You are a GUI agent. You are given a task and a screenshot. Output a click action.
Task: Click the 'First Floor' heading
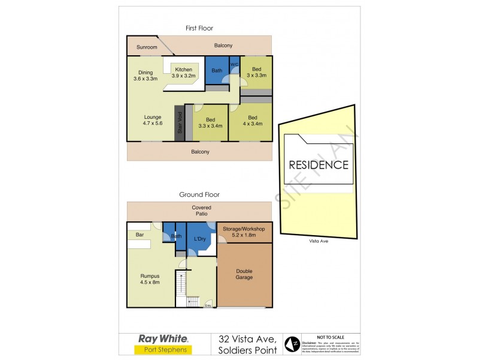click(x=199, y=28)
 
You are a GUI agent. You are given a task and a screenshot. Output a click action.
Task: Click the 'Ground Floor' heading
click(x=199, y=194)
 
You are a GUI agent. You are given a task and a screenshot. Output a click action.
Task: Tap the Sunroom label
click(x=147, y=47)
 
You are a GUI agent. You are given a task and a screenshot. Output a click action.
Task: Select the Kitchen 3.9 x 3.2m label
click(x=183, y=73)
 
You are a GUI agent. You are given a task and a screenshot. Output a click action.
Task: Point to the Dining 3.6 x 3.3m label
click(x=145, y=76)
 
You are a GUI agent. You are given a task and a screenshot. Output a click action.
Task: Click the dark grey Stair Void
click(x=178, y=124)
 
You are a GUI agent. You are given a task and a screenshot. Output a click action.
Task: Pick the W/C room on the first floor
click(x=235, y=64)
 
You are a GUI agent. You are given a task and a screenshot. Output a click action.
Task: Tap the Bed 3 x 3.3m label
click(x=256, y=73)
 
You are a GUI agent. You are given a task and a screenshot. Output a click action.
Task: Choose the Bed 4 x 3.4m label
click(x=252, y=121)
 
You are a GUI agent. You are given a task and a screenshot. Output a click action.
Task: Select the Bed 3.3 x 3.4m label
click(x=210, y=122)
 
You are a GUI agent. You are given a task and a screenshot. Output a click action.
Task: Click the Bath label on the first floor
click(x=217, y=71)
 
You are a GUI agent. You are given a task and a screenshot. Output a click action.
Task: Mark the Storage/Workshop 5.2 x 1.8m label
click(x=239, y=232)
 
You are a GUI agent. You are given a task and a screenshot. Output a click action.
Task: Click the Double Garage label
click(x=244, y=274)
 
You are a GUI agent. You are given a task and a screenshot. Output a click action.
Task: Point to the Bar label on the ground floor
click(x=140, y=235)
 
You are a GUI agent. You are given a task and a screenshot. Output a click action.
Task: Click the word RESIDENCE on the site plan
click(x=318, y=164)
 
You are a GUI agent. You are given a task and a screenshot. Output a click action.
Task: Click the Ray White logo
click(x=163, y=338)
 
